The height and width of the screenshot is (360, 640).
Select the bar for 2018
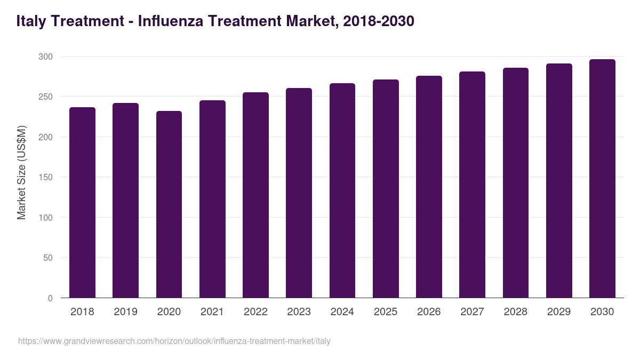82,203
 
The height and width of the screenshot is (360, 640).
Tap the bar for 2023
299,193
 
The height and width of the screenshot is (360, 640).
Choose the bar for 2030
602,179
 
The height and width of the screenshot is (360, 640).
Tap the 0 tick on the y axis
50,298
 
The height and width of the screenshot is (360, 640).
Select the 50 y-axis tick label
48,258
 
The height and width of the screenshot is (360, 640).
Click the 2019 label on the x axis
125,312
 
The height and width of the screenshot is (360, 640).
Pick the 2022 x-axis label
255,312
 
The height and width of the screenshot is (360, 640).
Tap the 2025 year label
386,312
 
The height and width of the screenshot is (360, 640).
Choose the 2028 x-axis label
515,312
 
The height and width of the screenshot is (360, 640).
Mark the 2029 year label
559,312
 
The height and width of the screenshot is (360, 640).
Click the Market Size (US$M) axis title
21,172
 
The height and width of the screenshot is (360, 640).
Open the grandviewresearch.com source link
174,341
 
